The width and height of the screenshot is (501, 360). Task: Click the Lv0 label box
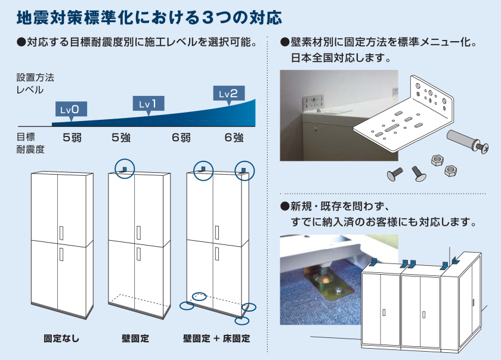71,109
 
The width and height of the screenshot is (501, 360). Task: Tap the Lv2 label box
228,94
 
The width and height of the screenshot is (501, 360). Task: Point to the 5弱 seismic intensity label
72,138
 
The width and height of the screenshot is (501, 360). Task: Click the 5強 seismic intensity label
121,138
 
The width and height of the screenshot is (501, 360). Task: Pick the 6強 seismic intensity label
234,138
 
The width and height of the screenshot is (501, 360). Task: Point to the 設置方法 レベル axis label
35,84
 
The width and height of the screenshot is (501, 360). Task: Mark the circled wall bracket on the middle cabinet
125,167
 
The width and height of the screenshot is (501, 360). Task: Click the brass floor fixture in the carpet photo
332,287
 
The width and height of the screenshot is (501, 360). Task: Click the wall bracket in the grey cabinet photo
314,103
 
